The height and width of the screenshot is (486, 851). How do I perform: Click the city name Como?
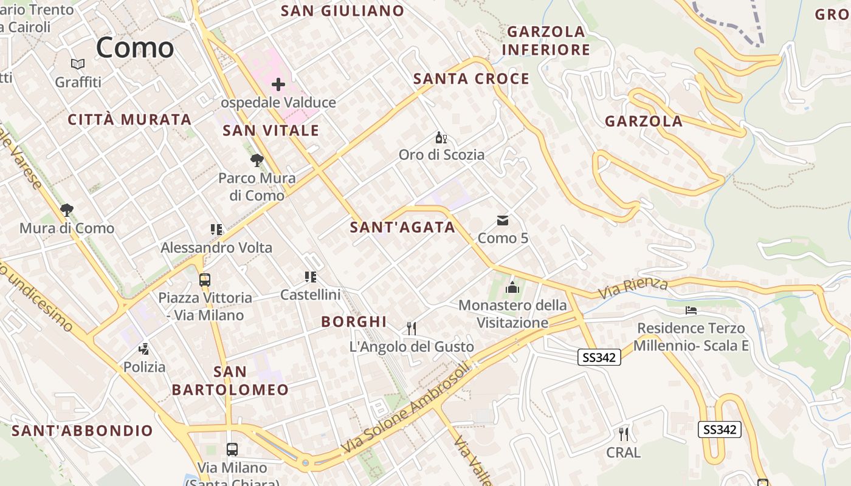point(135,47)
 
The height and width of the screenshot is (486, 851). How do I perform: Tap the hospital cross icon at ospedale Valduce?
point(278,84)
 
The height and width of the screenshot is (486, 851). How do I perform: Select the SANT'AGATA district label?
point(402,227)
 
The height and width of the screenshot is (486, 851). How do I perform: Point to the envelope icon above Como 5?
point(503,221)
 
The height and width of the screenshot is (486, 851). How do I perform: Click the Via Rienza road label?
point(633,288)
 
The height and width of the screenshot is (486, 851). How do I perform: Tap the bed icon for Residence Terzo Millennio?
point(691,310)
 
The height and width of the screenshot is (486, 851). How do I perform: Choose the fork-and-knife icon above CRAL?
point(623,434)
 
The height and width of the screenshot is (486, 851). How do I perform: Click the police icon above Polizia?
point(144,349)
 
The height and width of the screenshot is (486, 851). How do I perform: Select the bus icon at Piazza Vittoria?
point(205,280)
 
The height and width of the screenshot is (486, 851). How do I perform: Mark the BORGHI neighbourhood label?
point(354,321)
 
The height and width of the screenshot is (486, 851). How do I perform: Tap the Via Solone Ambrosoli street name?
point(406,408)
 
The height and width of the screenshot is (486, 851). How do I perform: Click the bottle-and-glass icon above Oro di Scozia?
point(441,138)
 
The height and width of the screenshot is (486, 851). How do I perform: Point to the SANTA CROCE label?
point(471,78)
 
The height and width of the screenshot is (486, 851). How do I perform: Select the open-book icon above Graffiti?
point(78,64)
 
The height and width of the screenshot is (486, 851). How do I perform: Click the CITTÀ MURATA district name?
point(129,119)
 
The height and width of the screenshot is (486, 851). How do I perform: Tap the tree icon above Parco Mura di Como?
point(257,160)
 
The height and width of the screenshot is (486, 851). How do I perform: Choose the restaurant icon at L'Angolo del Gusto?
point(412,329)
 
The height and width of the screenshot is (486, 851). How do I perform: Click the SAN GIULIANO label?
point(343,10)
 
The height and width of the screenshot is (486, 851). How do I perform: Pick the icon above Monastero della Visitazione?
point(512,287)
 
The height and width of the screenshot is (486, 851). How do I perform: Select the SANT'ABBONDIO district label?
point(83,431)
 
